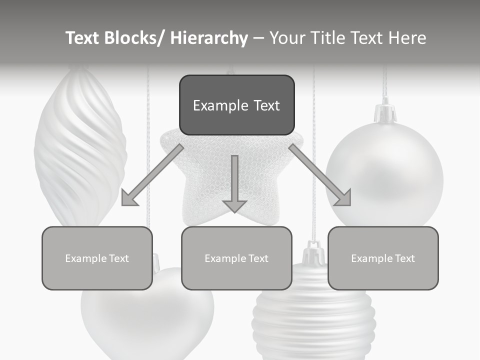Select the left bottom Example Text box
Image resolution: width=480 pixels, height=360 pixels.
pos(97,258)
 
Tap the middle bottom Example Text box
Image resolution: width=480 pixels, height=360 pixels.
pos(236,258)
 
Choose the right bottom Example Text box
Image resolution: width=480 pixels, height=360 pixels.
pos(383,258)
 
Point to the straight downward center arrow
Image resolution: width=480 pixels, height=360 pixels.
pos(234,183)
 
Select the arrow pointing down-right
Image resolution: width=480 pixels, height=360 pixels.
pos(321,176)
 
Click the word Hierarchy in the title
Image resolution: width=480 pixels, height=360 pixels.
pos(209,38)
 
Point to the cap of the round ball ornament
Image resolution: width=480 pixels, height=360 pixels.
pos(385,113)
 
